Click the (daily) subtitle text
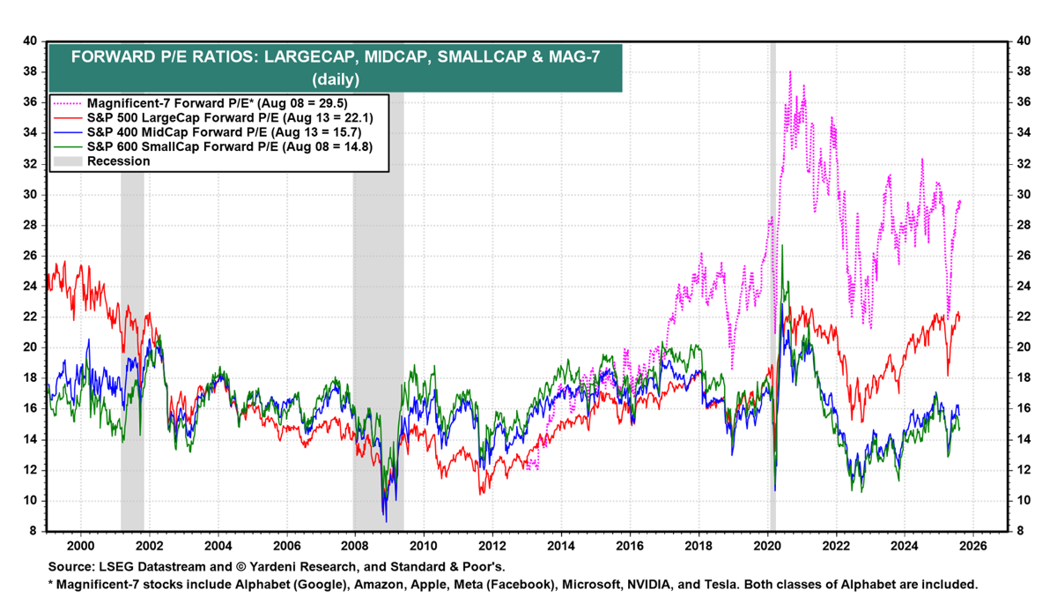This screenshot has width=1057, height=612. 335,78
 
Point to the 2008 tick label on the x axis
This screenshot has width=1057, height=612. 354,546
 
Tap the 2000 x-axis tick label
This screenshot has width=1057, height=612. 80,546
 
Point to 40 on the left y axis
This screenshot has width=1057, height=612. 30,41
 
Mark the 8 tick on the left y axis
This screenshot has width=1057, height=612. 33,531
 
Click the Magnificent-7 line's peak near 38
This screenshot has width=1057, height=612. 790,72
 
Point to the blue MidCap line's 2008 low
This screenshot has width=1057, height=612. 385,519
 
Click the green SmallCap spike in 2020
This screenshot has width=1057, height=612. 781,247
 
